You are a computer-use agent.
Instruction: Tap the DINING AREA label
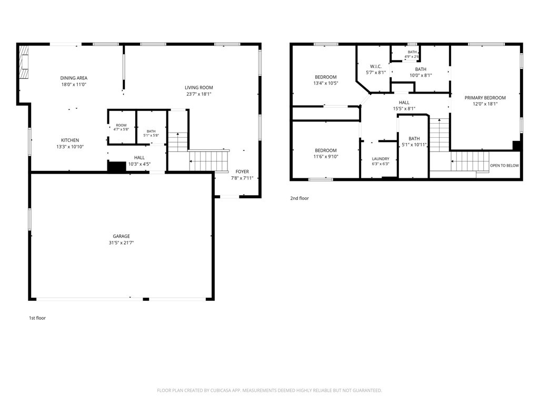tap(74, 78)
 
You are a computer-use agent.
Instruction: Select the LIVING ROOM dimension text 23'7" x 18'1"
tap(198, 94)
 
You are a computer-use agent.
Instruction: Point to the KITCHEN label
tap(70, 140)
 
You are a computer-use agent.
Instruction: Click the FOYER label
tap(242, 171)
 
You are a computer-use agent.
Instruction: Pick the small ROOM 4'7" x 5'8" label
tap(122, 127)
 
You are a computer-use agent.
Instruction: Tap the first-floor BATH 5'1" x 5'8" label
tap(151, 133)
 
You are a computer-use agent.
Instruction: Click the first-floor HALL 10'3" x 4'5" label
tap(139, 161)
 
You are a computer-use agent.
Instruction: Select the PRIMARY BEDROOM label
tap(485, 97)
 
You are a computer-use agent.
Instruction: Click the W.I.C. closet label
tap(376, 66)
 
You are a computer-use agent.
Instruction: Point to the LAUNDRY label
tap(381, 159)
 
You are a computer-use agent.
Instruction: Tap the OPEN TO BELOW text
tap(504, 166)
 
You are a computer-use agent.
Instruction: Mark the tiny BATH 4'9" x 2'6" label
tap(412, 54)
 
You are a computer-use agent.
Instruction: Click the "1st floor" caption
tap(37, 318)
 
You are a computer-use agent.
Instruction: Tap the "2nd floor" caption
tap(300, 198)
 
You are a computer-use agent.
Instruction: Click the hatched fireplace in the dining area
tap(24, 62)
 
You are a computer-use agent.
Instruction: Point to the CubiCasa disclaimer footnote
tap(269, 390)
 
